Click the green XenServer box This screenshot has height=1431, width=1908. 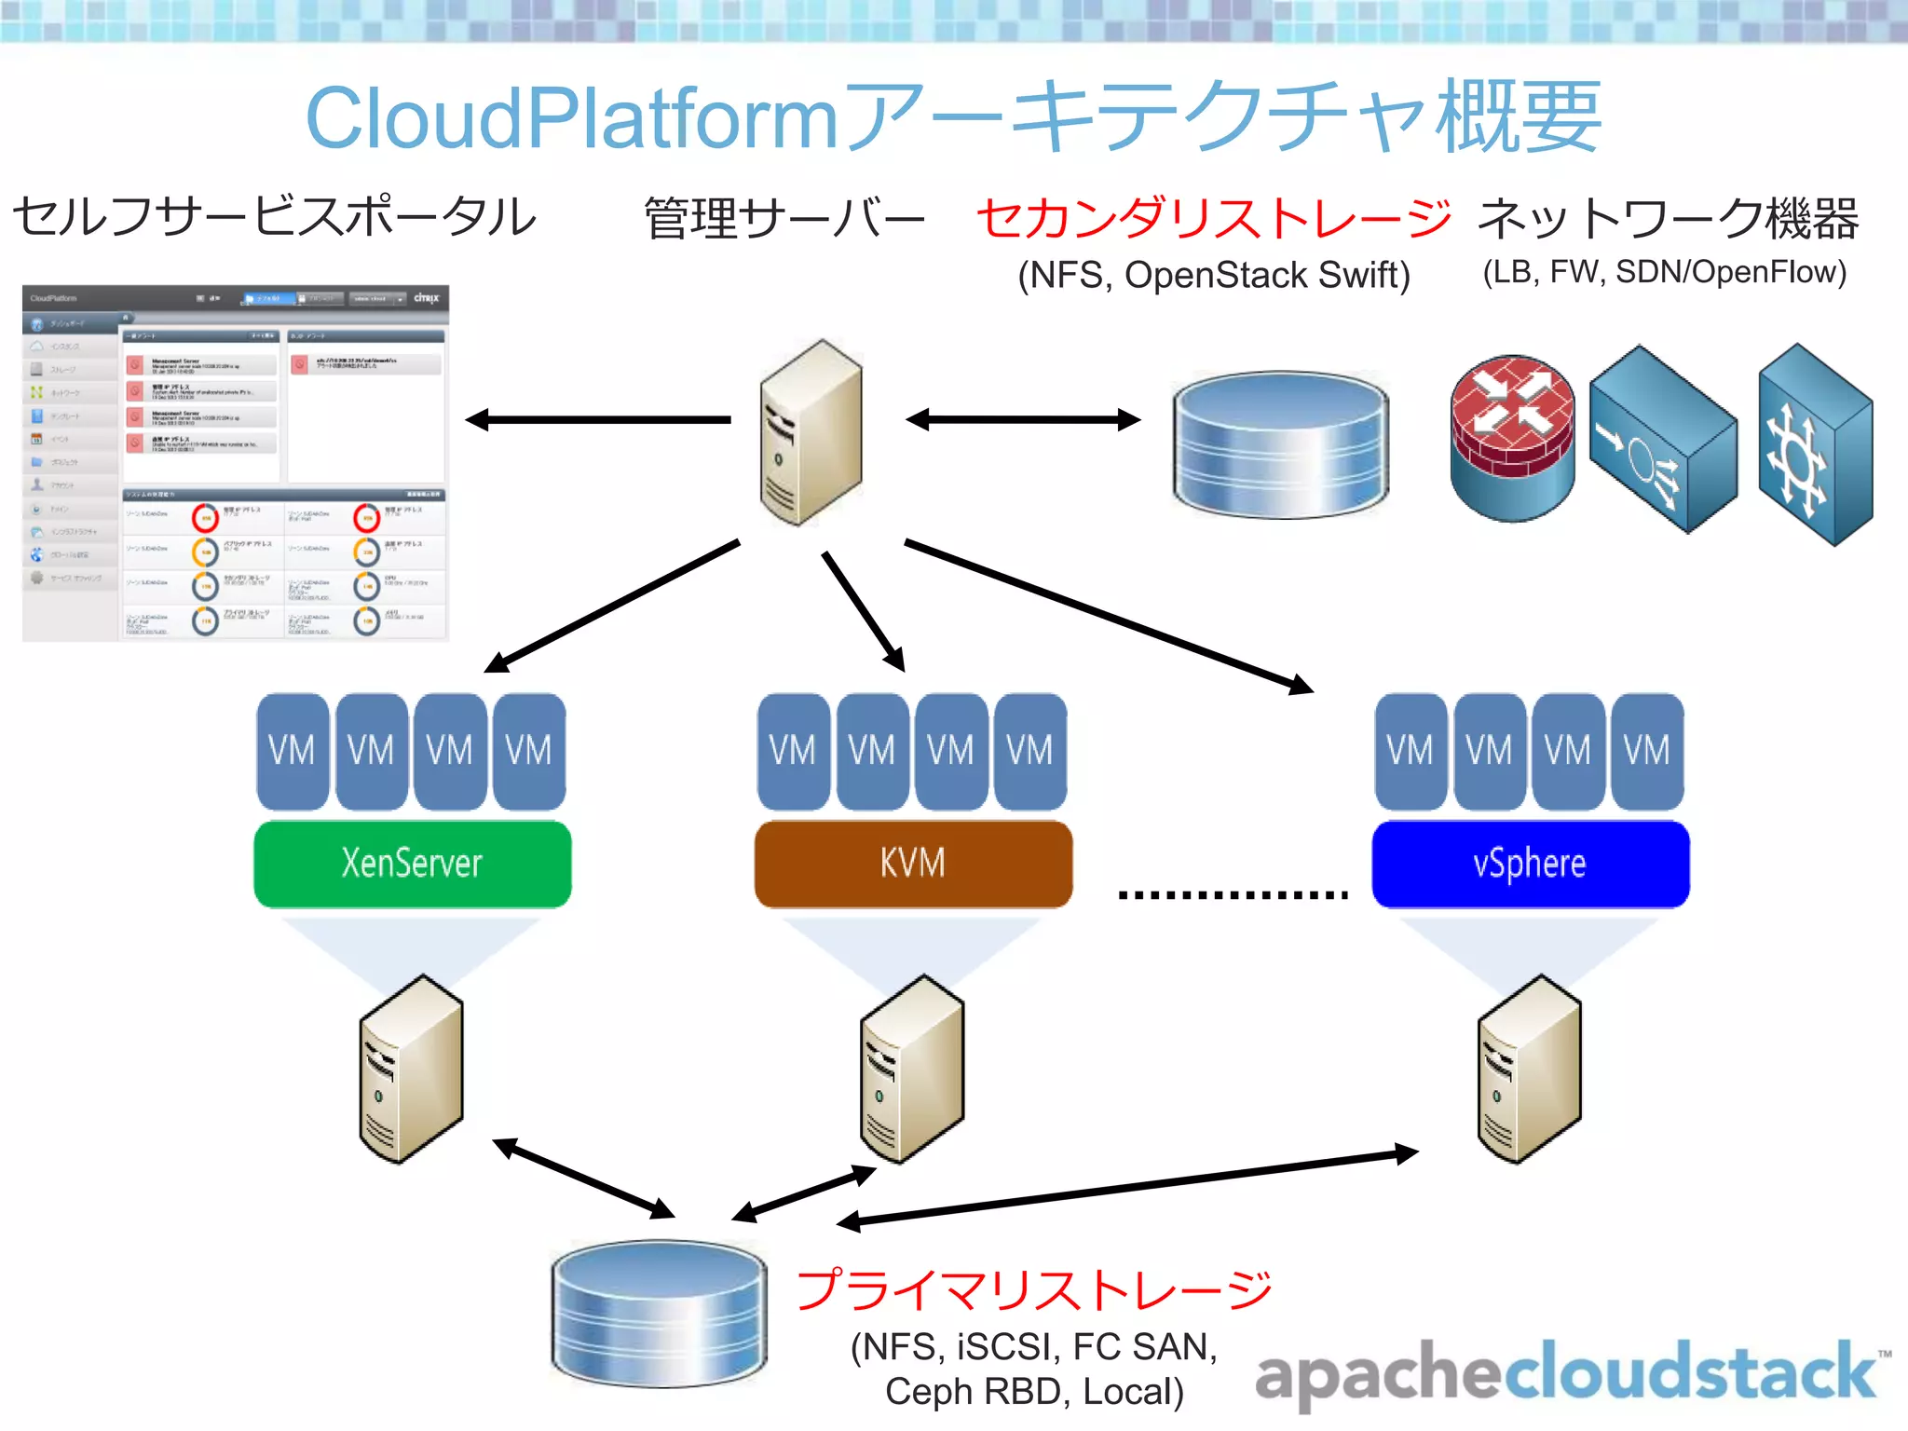(x=412, y=864)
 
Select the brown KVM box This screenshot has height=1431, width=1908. (x=913, y=864)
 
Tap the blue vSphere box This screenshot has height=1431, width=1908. (x=1530, y=864)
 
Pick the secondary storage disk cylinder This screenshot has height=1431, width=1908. (x=1280, y=444)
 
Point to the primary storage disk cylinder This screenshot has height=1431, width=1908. (x=659, y=1314)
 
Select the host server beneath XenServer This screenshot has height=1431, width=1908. (x=411, y=1070)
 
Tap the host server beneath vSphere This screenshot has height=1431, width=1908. (x=1529, y=1070)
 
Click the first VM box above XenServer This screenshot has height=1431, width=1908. (x=293, y=751)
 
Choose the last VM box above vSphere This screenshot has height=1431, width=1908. (x=1647, y=751)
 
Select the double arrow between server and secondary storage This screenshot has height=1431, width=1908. (x=1023, y=420)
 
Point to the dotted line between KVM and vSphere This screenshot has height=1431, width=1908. (x=1233, y=894)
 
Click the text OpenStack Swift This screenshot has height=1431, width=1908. (x=1267, y=276)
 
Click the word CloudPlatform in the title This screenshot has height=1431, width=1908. (x=572, y=118)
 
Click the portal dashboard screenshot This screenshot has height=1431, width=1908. (x=236, y=463)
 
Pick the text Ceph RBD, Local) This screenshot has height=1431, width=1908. (x=1034, y=1392)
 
